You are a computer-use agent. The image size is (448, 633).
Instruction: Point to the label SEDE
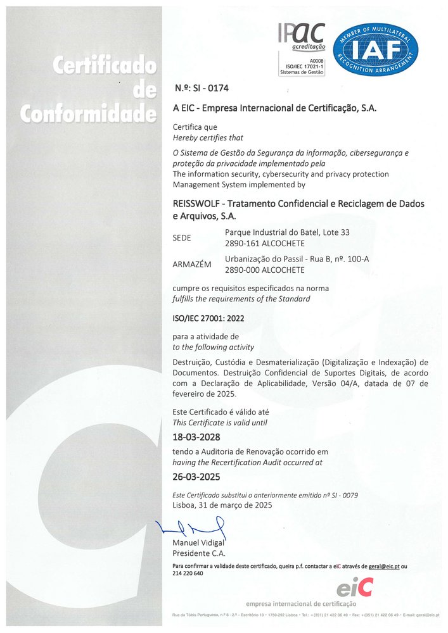[x=183, y=238]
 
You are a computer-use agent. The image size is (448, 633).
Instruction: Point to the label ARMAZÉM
[x=192, y=265]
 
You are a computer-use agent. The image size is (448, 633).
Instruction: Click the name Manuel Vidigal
[x=198, y=544]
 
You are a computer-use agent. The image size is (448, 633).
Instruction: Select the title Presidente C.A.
[x=200, y=554]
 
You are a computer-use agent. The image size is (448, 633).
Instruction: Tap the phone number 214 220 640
[x=188, y=573]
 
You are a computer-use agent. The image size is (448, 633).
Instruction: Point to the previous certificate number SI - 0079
[x=344, y=494]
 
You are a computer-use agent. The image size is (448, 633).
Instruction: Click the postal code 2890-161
[x=244, y=243]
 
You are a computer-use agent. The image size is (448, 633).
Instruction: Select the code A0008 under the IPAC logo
[x=315, y=61]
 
